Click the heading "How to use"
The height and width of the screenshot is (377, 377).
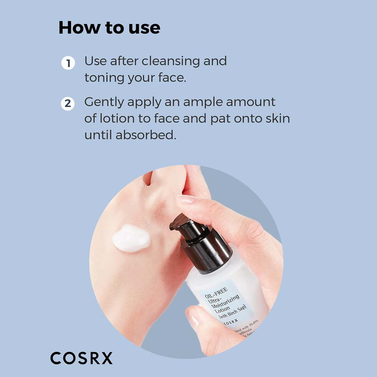pyautogui.click(x=109, y=28)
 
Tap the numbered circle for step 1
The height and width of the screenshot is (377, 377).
pyautogui.click(x=68, y=63)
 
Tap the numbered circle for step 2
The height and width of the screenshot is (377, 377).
pyautogui.click(x=68, y=104)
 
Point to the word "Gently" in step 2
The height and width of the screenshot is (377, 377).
pyautogui.click(x=104, y=103)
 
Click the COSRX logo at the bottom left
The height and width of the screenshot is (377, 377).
pyautogui.click(x=81, y=358)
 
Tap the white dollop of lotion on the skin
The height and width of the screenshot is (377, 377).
pyautogui.click(x=131, y=238)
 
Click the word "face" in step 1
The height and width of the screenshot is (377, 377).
pyautogui.click(x=172, y=78)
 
